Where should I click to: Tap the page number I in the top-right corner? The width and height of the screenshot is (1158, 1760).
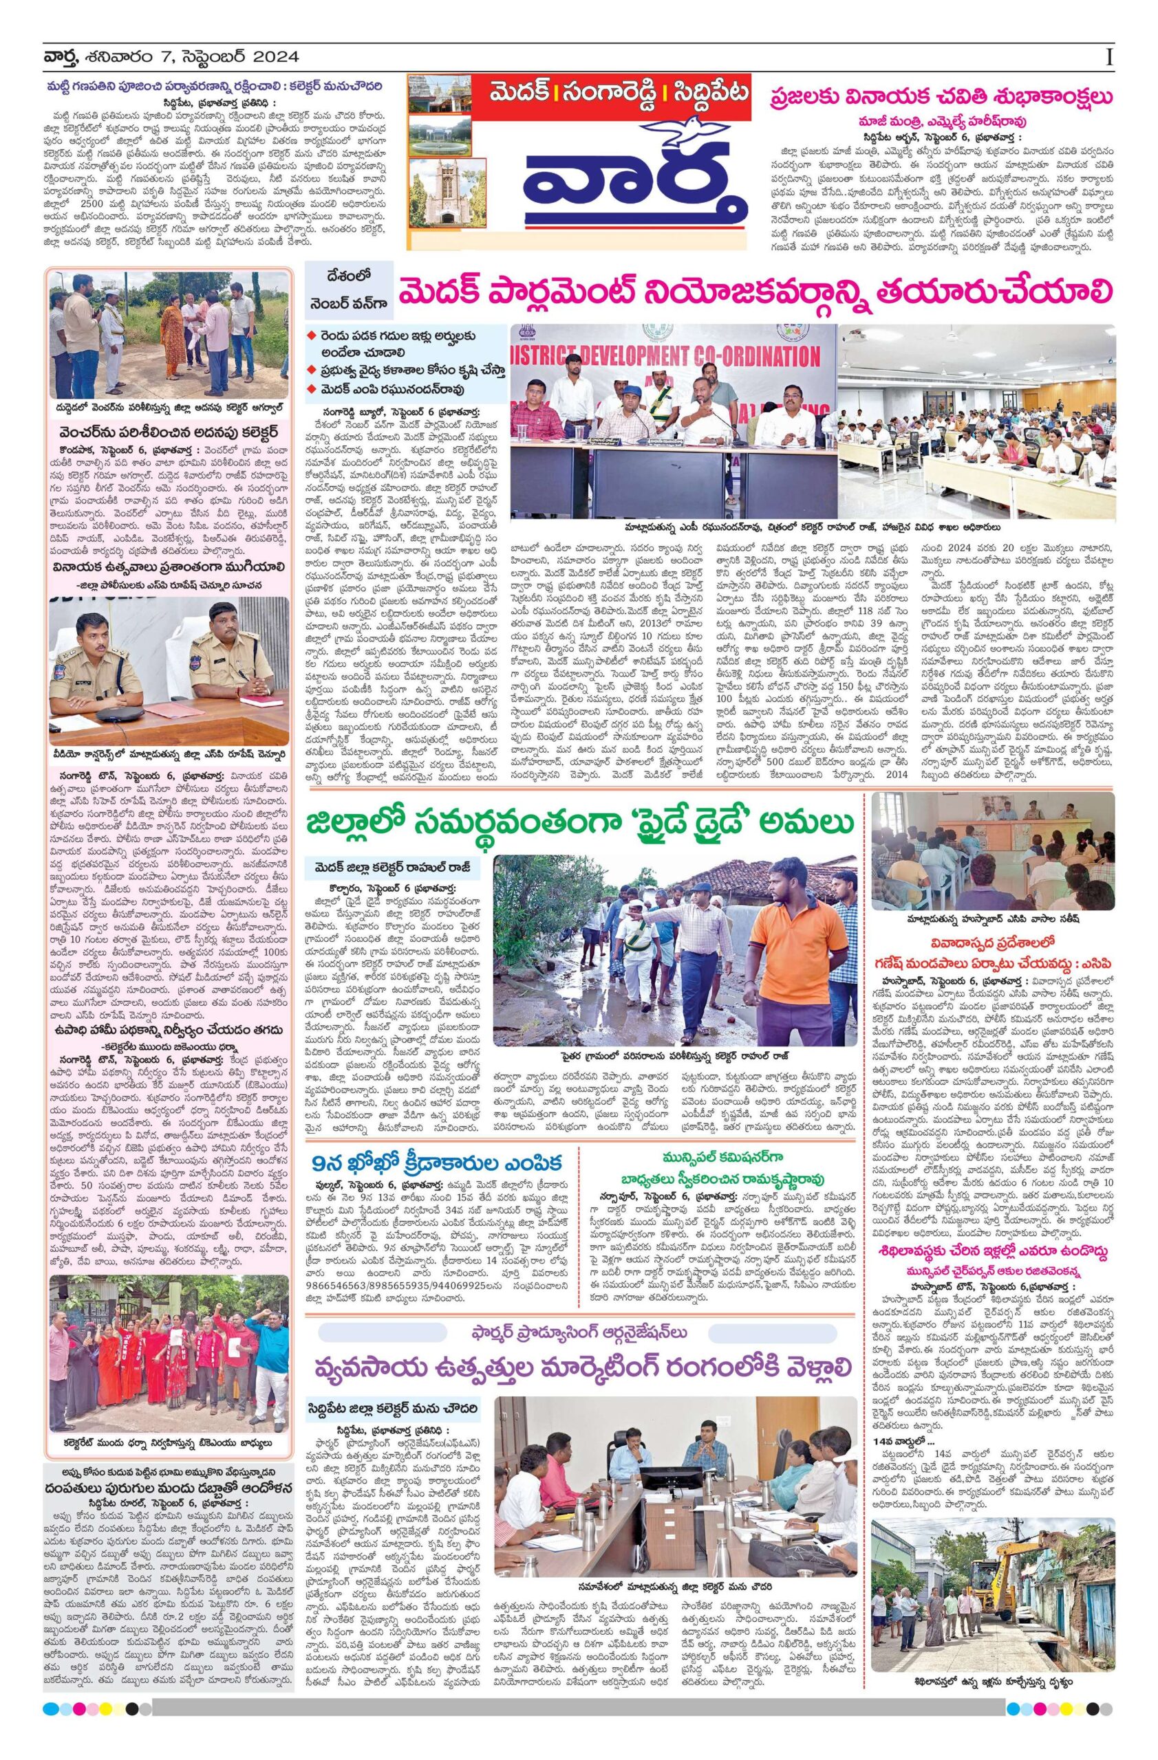pyautogui.click(x=1109, y=57)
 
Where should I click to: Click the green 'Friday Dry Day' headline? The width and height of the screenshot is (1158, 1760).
pyautogui.click(x=580, y=823)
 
